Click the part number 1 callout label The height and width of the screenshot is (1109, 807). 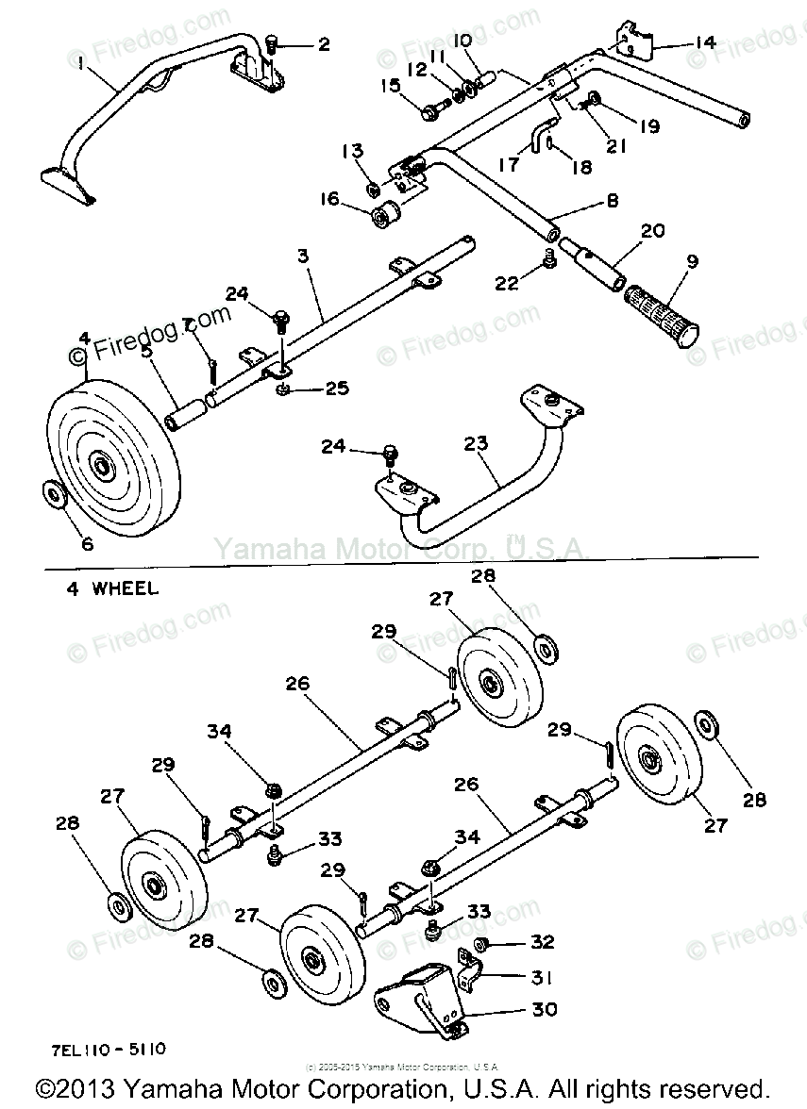click(x=81, y=62)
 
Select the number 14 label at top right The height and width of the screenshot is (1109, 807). click(x=705, y=42)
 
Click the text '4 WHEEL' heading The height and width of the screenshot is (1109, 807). click(x=112, y=589)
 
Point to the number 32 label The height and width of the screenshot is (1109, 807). click(x=543, y=942)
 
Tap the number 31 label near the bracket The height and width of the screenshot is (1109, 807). click(x=543, y=977)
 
